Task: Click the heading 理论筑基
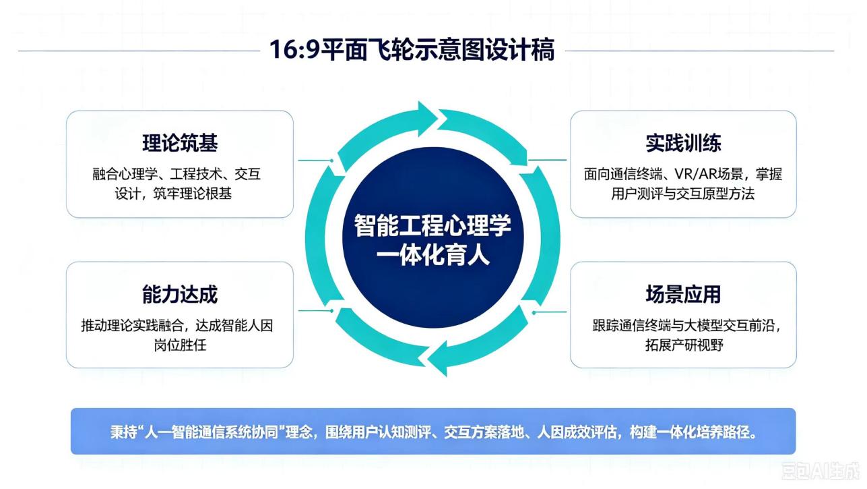[180, 143]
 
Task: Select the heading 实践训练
[683, 143]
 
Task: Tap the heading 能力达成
[180, 294]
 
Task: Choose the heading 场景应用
[683, 294]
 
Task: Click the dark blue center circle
[432, 237]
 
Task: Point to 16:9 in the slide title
[294, 50]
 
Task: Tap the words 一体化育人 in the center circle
[432, 256]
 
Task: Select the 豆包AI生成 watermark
[821, 470]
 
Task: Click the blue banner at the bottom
[433, 431]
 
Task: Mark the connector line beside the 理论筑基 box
[315, 160]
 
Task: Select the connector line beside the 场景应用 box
[549, 312]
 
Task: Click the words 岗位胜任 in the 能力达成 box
[180, 345]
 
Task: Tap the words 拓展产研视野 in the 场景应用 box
[684, 345]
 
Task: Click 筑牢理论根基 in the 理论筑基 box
[193, 194]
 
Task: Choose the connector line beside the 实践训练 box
[547, 160]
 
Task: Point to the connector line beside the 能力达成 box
[315, 311]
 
